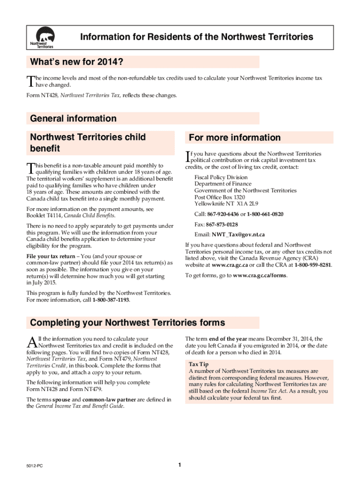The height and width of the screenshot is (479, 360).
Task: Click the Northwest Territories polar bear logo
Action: click(x=42, y=37)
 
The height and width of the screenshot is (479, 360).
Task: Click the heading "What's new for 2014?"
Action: click(x=77, y=62)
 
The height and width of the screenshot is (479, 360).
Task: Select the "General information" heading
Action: click(x=73, y=118)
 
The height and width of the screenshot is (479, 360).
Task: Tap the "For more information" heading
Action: click(x=235, y=138)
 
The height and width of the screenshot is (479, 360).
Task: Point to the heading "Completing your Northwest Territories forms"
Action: click(x=127, y=323)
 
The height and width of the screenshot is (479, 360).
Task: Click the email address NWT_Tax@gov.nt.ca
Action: click(x=238, y=235)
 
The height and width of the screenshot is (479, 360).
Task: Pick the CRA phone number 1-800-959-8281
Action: click(x=313, y=265)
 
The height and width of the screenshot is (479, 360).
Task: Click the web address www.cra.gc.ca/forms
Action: click(x=260, y=275)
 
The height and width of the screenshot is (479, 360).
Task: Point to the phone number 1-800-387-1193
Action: click(x=111, y=300)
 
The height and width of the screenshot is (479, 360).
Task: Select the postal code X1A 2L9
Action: click(x=247, y=204)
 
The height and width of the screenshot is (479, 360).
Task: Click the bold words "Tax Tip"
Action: click(x=199, y=364)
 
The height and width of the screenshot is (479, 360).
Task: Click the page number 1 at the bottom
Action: click(x=180, y=465)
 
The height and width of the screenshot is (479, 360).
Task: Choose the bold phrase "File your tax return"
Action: click(x=52, y=256)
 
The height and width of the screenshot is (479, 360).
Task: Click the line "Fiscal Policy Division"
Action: click(x=221, y=178)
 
